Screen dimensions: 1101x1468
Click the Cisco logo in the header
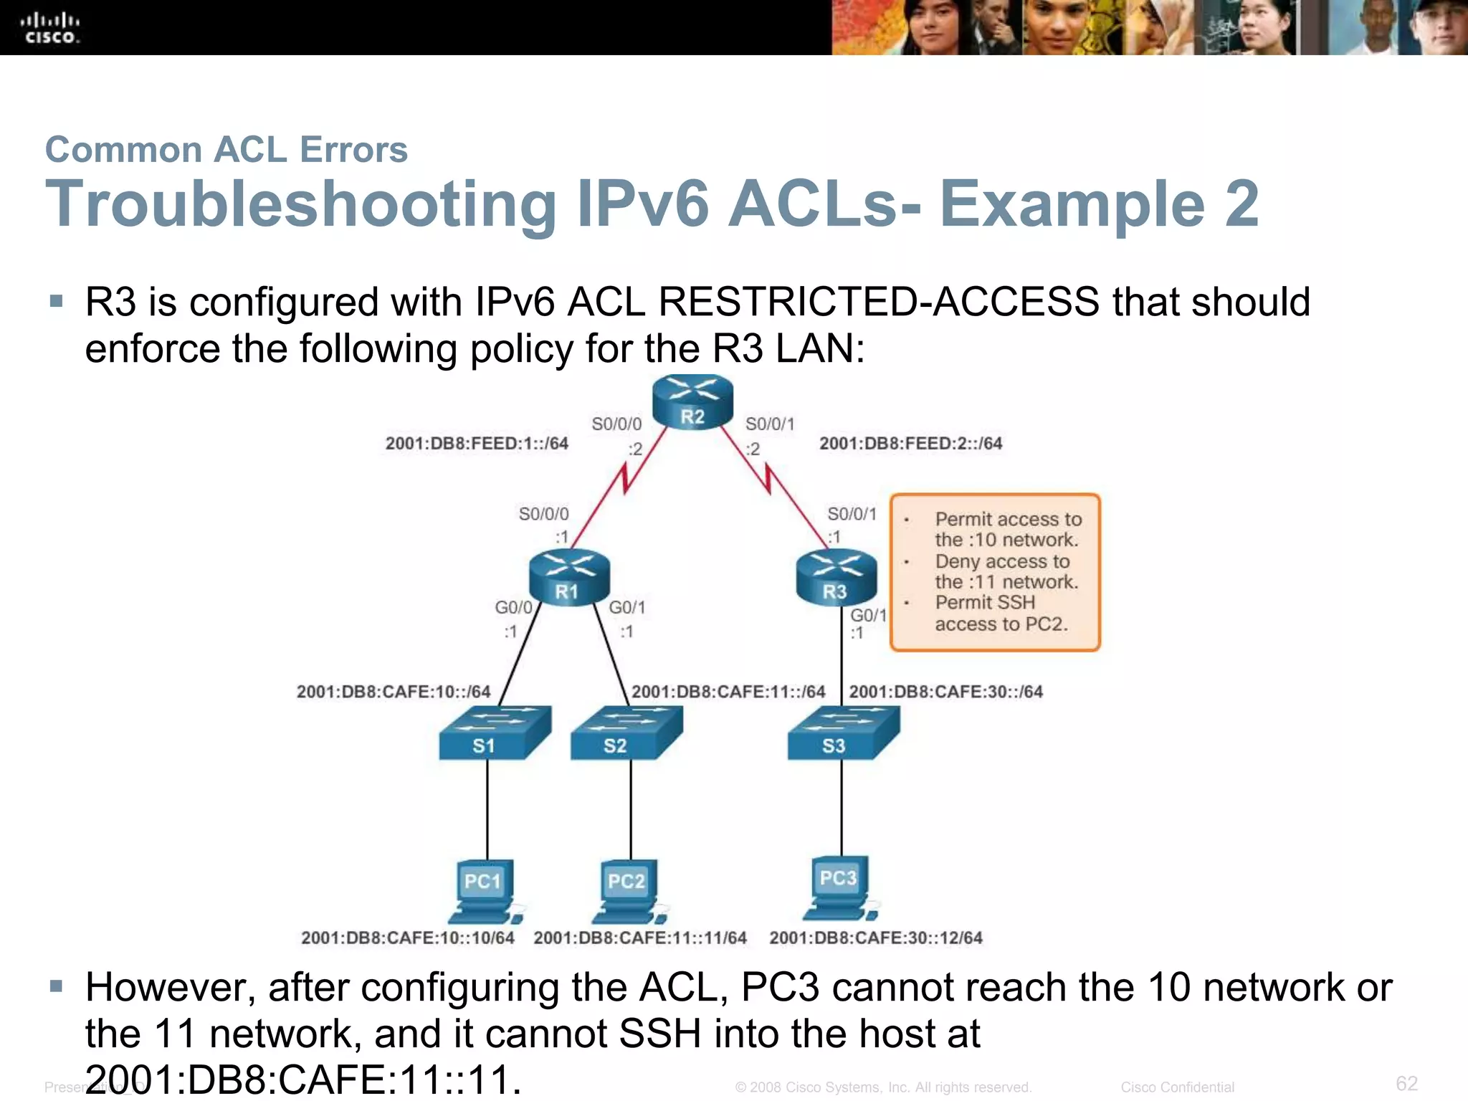49,28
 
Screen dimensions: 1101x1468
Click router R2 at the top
692,403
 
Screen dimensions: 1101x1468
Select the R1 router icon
568,577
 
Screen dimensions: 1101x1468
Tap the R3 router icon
836,577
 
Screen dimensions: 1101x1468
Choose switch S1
494,733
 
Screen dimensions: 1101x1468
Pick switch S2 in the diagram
626,733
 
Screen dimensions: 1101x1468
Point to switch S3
843,733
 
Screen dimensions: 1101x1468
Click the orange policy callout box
995,572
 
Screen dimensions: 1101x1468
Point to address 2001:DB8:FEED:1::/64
477,444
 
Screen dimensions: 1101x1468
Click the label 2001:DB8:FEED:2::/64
910,444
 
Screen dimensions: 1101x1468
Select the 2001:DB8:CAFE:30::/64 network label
945,692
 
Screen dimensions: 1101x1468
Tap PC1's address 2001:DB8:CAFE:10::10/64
407,938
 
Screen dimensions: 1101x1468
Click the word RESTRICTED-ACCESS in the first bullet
878,302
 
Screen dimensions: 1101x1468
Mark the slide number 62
1406,1082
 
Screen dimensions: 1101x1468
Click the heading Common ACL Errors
226,150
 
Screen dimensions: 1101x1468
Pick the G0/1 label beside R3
868,615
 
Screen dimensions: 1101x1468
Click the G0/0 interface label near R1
513,607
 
